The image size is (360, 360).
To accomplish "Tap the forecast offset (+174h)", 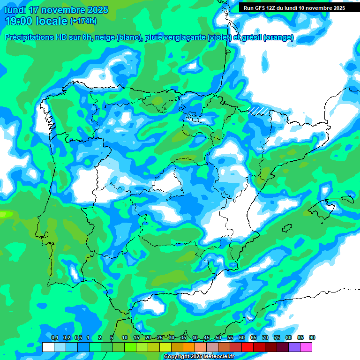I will coord(84,21).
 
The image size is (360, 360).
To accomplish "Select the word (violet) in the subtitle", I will coord(219,37).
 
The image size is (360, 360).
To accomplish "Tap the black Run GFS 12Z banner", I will coord(292,7).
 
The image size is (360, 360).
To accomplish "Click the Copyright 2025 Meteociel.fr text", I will coord(199,357).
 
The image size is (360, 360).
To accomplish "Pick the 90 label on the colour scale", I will coord(312,337).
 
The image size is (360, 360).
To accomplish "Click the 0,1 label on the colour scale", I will coord(54,337).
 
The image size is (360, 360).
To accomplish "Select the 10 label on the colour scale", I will coord(125,337).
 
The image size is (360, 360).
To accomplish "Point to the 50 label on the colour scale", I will coord(218,337).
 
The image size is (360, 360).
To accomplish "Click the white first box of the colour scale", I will coord(48,347).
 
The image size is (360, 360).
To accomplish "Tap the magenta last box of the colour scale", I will coord(306,347).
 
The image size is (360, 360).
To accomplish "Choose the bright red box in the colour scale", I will coord(247,347).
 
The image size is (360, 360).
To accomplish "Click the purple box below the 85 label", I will coord(294,347).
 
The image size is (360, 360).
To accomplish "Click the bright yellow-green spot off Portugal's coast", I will coord(6,214).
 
